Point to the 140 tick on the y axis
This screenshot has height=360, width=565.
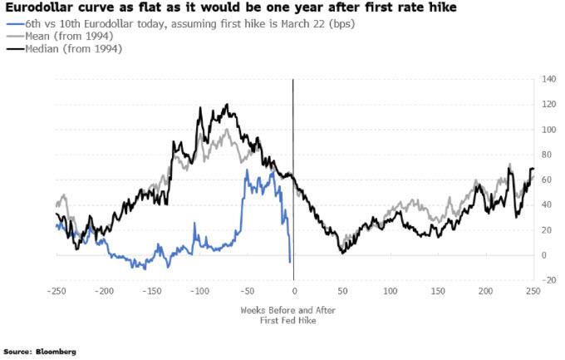click(x=548, y=80)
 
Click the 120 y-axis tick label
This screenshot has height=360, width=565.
click(x=548, y=105)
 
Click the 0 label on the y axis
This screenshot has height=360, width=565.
click(x=545, y=255)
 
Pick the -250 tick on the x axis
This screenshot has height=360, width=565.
click(x=56, y=292)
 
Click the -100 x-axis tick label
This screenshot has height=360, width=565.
click(x=199, y=292)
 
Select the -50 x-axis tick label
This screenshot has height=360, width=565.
click(x=247, y=292)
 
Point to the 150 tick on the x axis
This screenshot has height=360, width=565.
click(x=438, y=292)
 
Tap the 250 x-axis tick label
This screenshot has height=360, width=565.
click(x=533, y=292)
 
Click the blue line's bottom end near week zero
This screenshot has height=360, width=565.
click(x=290, y=262)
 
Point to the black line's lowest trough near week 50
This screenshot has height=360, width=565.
click(x=341, y=252)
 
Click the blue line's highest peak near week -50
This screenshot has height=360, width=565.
click(x=247, y=170)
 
